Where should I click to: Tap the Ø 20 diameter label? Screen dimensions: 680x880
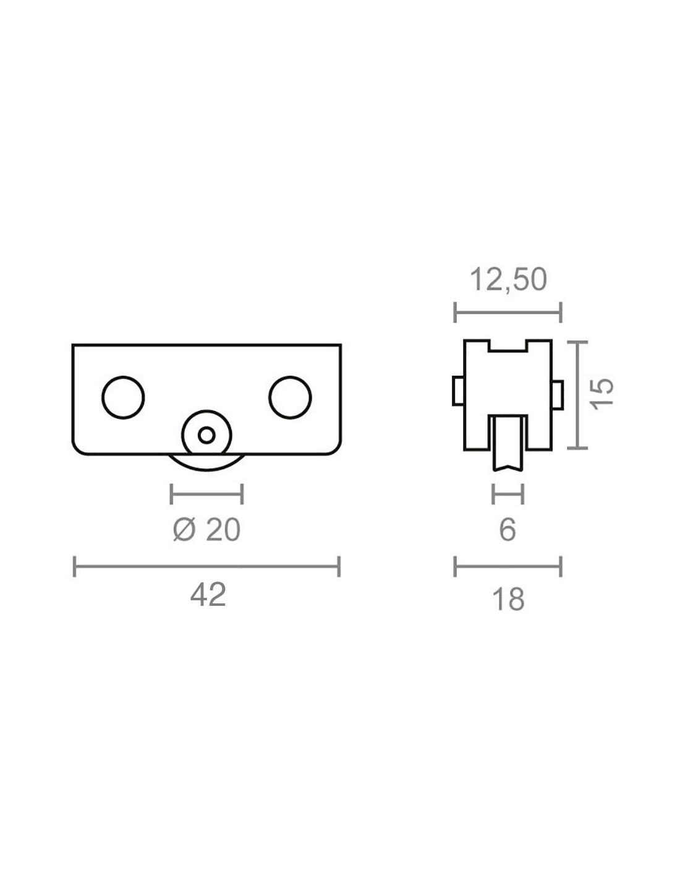click(206, 530)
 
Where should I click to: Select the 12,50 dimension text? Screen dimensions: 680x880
click(508, 280)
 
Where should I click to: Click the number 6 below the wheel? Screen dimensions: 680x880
click(508, 530)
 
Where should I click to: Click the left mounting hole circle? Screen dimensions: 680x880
click(124, 397)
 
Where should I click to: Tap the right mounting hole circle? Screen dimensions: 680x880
click(290, 397)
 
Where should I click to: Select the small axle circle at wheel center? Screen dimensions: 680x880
click(206, 435)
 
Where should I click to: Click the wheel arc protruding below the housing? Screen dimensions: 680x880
click(206, 470)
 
